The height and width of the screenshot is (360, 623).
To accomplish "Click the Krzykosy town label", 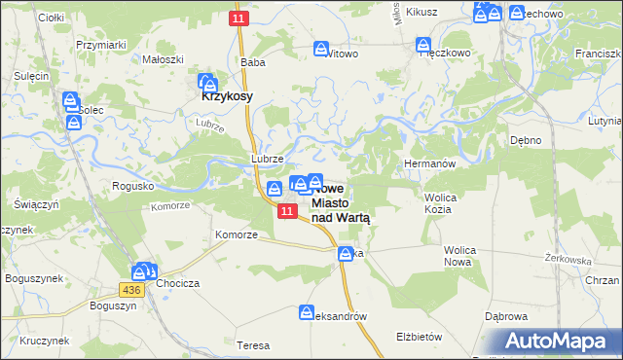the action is coord(228,96).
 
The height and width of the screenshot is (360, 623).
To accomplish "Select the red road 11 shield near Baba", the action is coord(239,19).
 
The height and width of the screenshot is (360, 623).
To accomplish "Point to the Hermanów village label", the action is coord(429,164).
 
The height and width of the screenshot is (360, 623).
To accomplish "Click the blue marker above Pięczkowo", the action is coord(423,45).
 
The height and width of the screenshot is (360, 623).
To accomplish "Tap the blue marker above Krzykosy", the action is coord(206,82).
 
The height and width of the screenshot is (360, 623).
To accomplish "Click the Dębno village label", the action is coord(526,140).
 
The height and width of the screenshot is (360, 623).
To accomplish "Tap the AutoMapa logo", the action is coord(555,342).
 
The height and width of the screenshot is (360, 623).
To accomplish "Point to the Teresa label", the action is coord(253,345).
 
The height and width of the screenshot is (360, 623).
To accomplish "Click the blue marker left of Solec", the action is coord(70,100).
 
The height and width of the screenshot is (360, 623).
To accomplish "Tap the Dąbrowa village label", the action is coord(506,316).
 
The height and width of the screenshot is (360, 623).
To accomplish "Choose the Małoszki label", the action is coord(164,58).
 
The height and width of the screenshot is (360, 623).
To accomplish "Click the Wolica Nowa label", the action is coord(459,256).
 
